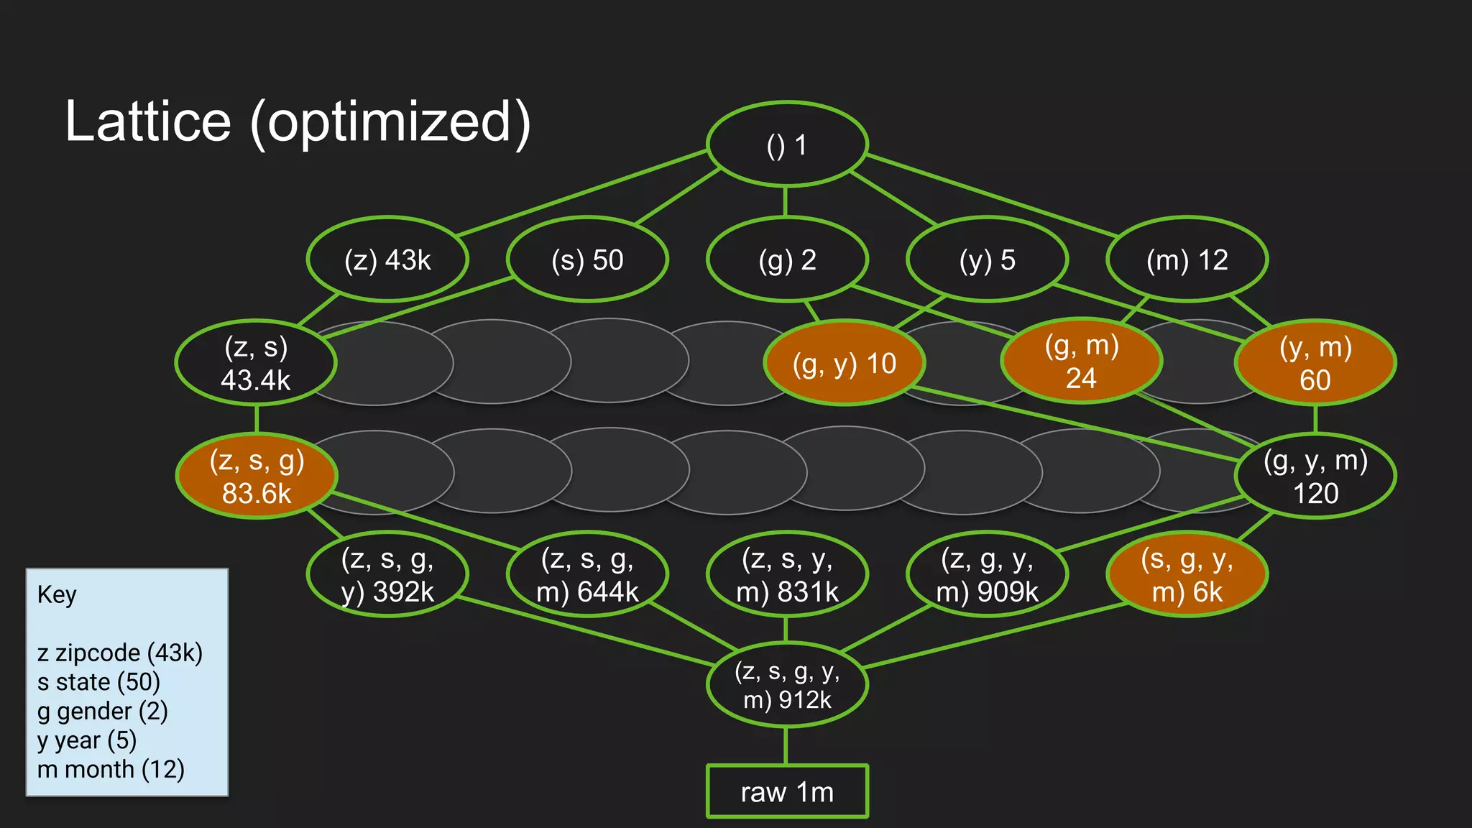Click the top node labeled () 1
[787, 144]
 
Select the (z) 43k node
[387, 259]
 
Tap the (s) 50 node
[587, 259]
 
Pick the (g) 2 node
[787, 259]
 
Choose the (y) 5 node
[987, 259]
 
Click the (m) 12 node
[1187, 259]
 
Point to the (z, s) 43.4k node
[256, 363]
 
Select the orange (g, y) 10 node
[845, 363]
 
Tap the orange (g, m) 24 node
[1081, 362]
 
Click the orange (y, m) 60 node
[1315, 363]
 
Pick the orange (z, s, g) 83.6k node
[257, 476]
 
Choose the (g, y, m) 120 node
[1315, 476]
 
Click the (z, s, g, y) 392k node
[387, 574]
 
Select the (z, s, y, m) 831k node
[787, 574]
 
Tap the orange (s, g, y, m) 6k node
[1187, 574]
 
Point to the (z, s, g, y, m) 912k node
[787, 685]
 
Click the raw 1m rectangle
[787, 791]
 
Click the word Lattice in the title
[148, 121]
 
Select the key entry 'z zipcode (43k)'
[120, 653]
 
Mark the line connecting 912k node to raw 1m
[786, 746]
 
